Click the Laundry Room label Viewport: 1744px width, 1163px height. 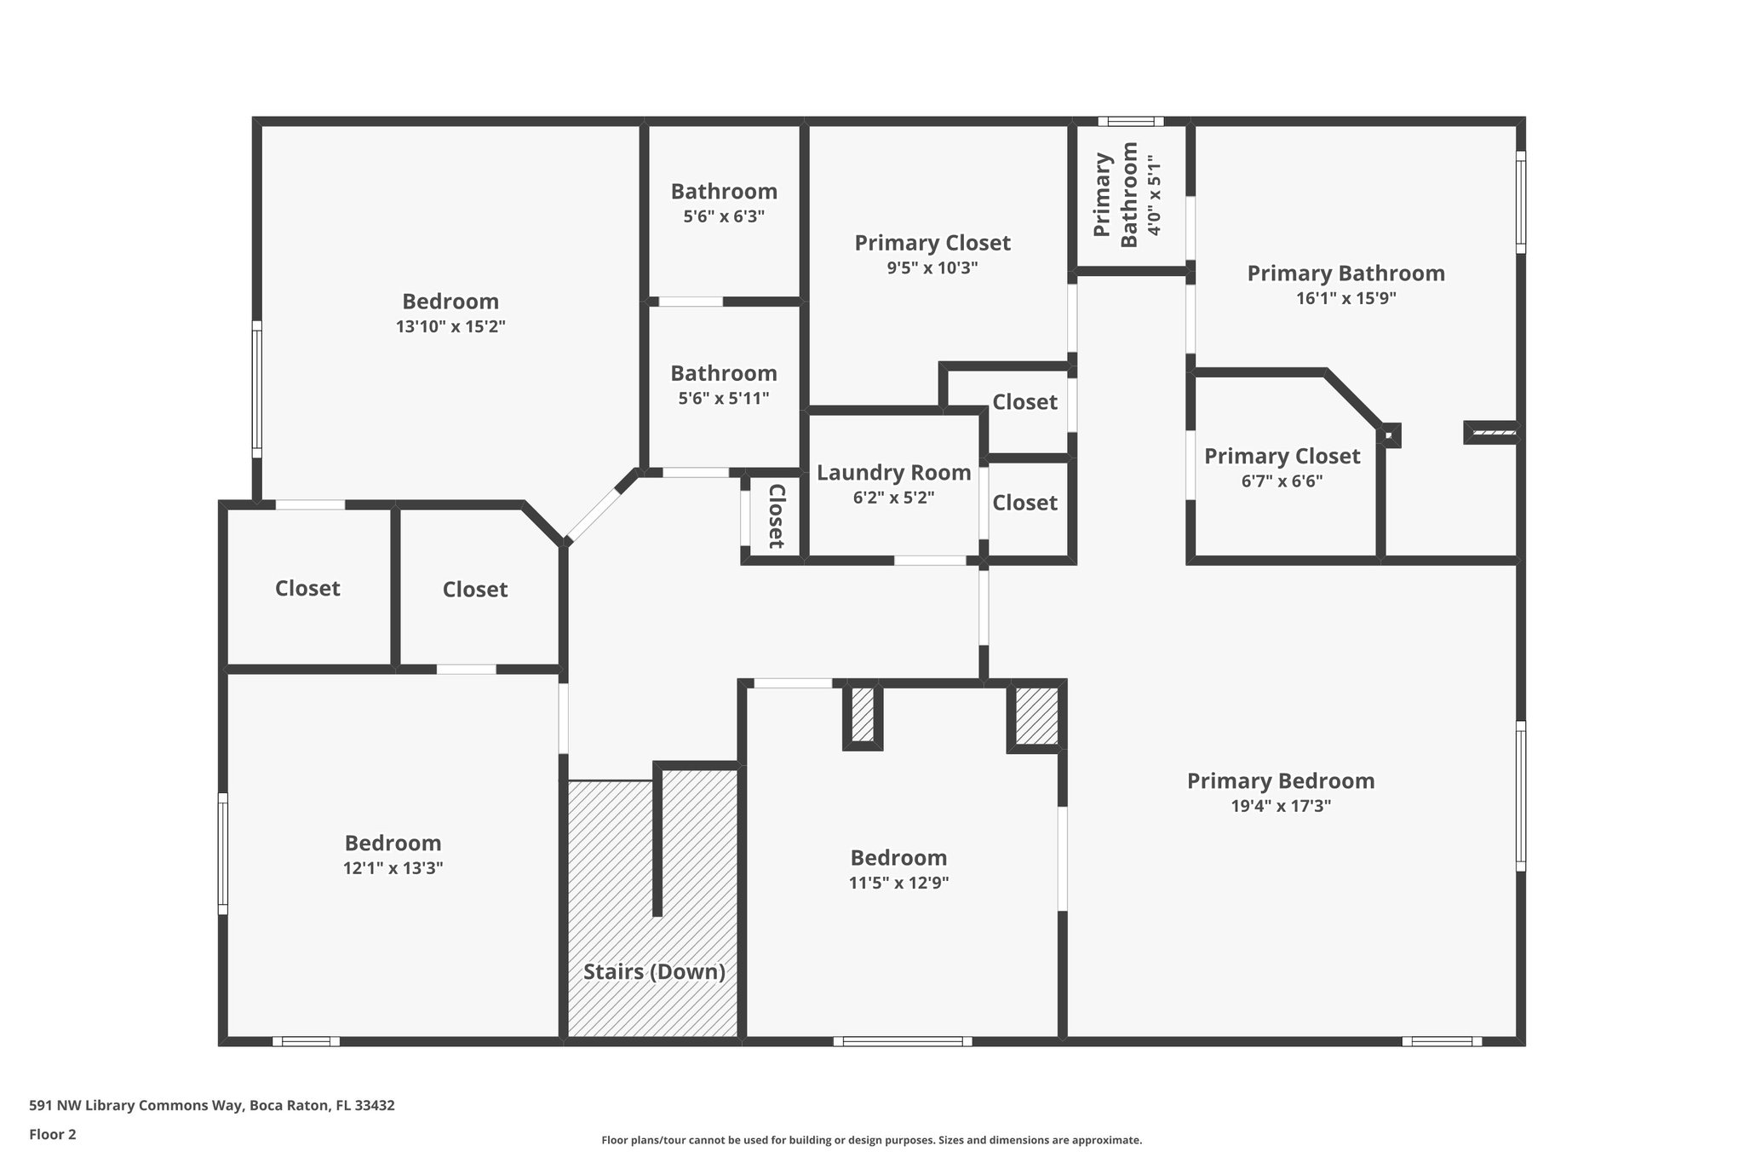[x=893, y=473]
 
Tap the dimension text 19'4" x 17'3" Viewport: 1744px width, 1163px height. [x=1280, y=806]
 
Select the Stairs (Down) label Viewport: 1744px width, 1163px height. [x=654, y=972]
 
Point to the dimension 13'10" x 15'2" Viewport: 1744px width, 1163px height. [x=450, y=326]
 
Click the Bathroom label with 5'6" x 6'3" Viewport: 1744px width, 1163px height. [x=724, y=192]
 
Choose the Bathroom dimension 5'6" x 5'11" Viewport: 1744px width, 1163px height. [x=724, y=398]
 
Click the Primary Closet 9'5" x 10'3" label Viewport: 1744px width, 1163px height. [x=932, y=244]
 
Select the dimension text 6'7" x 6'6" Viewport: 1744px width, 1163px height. [x=1282, y=481]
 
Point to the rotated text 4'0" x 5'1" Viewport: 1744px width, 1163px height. [x=1154, y=195]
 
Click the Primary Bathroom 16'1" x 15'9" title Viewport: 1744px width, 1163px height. [x=1345, y=273]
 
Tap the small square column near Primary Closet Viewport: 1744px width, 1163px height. [x=1389, y=436]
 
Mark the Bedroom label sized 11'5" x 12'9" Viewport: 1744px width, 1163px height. [x=898, y=858]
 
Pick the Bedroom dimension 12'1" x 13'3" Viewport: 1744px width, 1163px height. [x=393, y=868]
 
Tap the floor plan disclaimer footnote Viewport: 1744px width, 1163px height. [x=871, y=1140]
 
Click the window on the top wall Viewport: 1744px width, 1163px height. [x=1130, y=122]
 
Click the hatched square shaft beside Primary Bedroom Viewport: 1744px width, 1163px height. [x=1035, y=717]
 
